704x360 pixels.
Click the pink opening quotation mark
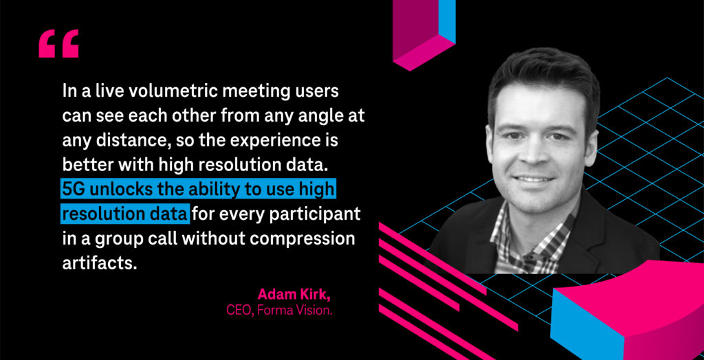(58, 43)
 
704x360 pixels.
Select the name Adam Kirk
(294, 295)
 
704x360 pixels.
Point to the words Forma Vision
(294, 310)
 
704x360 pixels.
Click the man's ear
(592, 148)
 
